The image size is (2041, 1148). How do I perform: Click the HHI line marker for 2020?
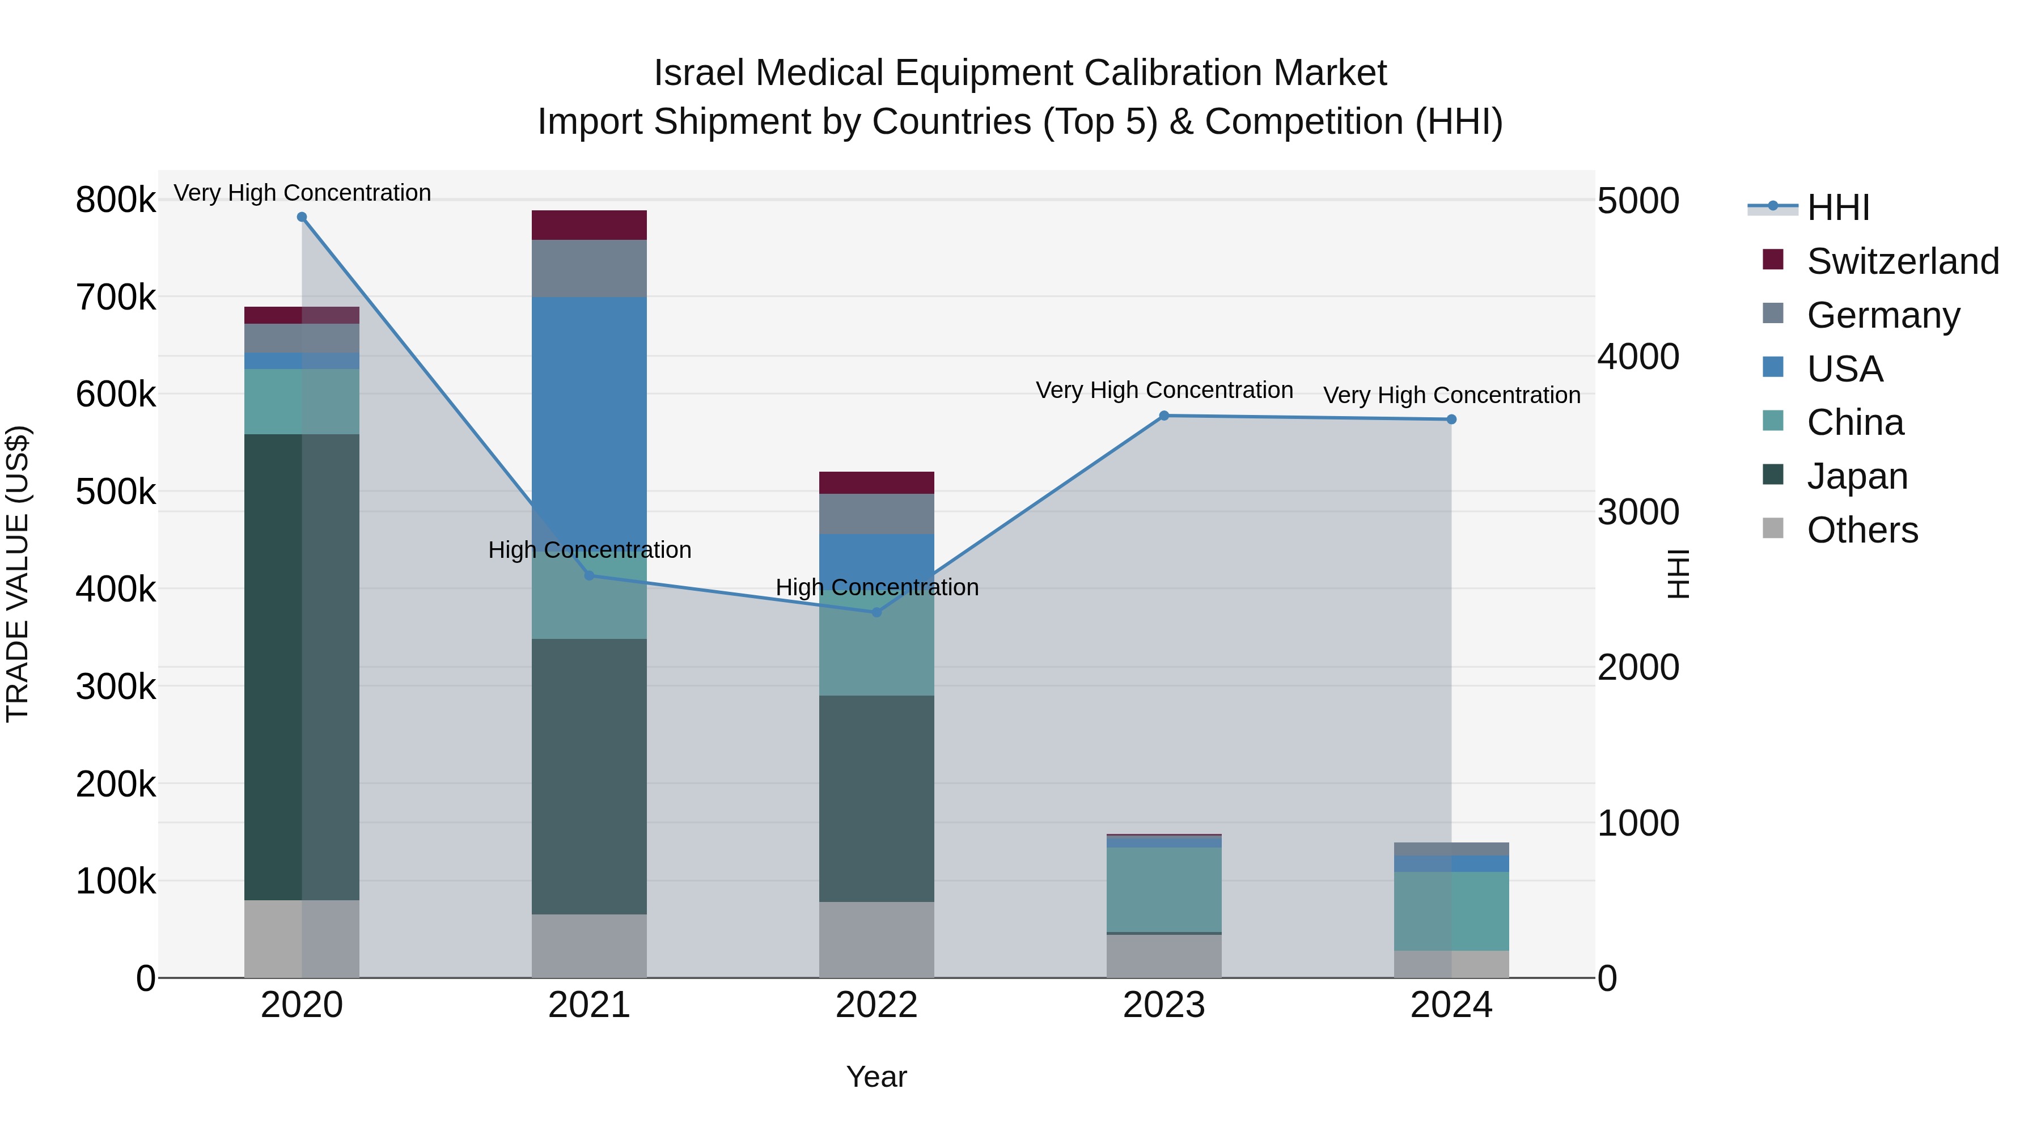point(302,217)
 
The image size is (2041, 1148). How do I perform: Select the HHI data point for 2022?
point(876,612)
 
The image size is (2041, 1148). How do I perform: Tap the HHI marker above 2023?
point(1164,416)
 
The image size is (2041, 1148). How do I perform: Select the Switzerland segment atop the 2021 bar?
point(588,225)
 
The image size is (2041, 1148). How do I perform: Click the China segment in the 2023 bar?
point(1164,889)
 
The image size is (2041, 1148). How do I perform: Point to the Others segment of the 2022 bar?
point(876,939)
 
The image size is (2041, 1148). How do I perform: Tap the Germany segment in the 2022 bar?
point(876,514)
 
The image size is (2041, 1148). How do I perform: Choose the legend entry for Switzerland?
point(1902,261)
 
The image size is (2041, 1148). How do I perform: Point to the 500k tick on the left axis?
point(116,492)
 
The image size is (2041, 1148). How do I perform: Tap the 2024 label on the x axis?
point(1451,1005)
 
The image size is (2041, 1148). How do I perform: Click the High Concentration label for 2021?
point(590,550)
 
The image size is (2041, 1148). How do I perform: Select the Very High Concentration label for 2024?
point(1451,395)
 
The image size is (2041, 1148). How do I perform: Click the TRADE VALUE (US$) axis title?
point(18,574)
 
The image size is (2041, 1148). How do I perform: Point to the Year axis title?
point(876,1077)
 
